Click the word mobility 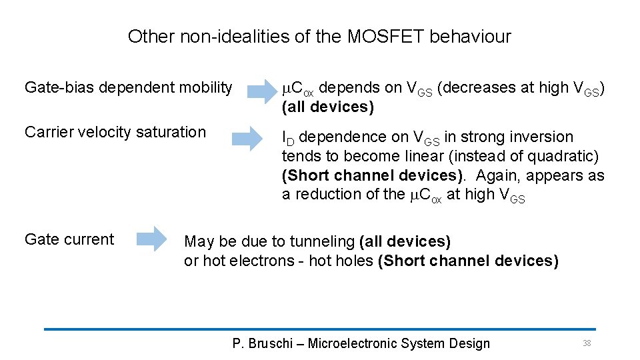click(x=204, y=87)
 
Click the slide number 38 click(x=587, y=343)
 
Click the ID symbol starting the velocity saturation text click(x=287, y=138)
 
